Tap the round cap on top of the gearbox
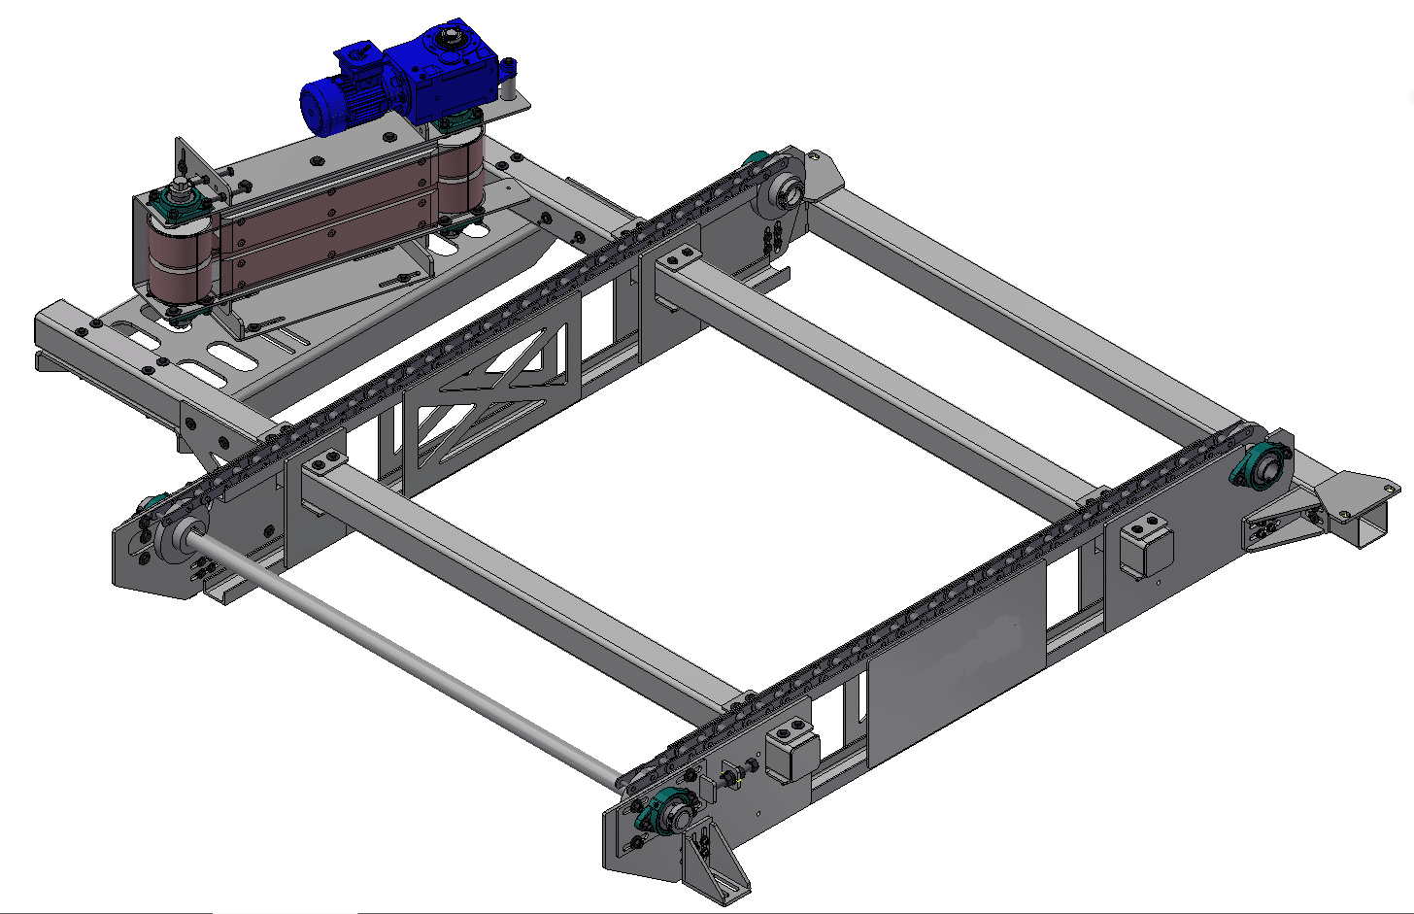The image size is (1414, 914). point(449,39)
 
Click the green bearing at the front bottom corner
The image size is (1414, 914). point(671,814)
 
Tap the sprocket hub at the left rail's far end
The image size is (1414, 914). point(783,193)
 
